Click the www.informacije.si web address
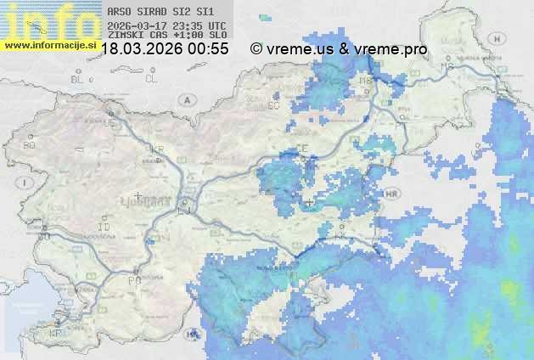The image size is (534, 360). coord(51,45)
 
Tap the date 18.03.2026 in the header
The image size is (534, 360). coord(142,49)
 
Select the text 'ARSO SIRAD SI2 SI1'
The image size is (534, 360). coord(160,12)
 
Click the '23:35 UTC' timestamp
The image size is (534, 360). coord(202,25)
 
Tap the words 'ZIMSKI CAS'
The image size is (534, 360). coord(134,36)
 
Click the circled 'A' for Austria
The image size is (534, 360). coord(186,99)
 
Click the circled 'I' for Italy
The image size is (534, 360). coord(27,183)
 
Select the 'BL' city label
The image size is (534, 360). coord(79,79)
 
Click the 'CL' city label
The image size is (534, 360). coord(152,79)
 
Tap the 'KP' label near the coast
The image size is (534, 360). coord(56,334)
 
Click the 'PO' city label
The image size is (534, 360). coord(133,279)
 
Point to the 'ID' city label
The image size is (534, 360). coord(105,228)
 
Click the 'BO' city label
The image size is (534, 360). coord(30,145)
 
